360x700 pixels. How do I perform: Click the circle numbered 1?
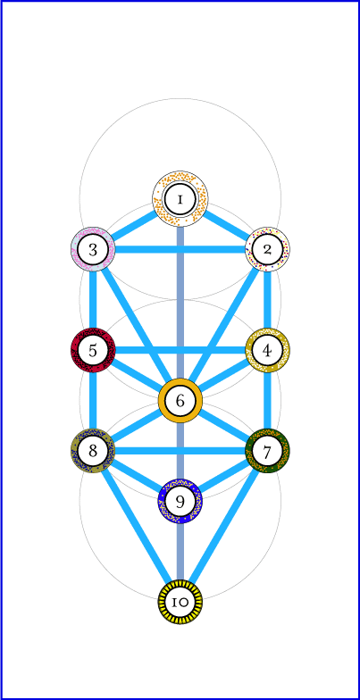pos(180,198)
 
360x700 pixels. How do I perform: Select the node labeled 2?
pos(268,249)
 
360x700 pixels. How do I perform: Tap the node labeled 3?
pos(93,249)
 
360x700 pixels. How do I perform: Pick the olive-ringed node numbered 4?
pos(268,350)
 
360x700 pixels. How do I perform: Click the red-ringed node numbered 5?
pos(93,350)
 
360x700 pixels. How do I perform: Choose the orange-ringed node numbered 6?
pos(180,400)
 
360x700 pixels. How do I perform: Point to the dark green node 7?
pos(268,451)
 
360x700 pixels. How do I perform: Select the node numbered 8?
pos(93,451)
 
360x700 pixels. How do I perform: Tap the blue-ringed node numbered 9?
pos(180,501)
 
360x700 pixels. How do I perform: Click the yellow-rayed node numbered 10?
pos(180,602)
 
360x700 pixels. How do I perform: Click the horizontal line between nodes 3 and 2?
pos(180,249)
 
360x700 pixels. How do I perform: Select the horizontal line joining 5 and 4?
pos(180,350)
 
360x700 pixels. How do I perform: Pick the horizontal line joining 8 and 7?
pos(180,451)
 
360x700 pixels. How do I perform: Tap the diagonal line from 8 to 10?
pos(136,527)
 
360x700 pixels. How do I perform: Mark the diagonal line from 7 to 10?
pos(223,527)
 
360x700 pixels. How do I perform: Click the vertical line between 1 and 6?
pos(180,302)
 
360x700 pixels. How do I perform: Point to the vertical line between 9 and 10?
pos(180,552)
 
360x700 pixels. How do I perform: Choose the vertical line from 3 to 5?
pos(93,300)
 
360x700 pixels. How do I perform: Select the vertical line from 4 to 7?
pos(268,400)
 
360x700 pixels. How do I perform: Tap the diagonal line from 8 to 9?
pos(136,476)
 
